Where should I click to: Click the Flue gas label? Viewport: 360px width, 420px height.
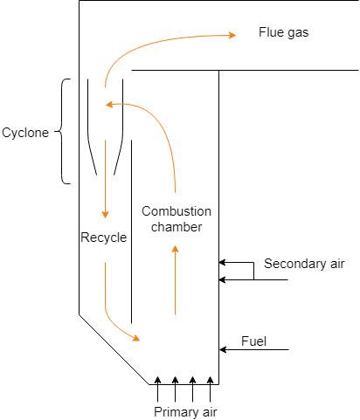coord(283,32)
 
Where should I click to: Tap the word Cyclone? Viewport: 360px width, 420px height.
coord(25,133)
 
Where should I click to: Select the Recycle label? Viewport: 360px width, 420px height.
coord(104,238)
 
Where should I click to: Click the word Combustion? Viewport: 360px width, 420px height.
coord(177,211)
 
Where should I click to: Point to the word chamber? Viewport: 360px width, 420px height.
coord(177,227)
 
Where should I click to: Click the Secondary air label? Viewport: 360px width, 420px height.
coord(304,264)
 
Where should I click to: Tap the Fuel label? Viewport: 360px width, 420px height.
coord(253,341)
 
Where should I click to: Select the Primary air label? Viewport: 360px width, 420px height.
coord(185,412)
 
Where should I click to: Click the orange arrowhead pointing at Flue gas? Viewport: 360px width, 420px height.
coord(232,35)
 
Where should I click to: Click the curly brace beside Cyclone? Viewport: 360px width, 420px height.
coord(62,131)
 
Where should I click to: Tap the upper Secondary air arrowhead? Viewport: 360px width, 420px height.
coord(222,262)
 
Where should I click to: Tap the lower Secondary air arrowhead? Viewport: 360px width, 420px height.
coord(222,279)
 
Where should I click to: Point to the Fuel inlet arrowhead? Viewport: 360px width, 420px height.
coord(223,349)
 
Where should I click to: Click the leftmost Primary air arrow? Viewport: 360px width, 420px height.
coord(157,389)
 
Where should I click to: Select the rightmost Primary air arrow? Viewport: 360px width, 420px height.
coord(210,389)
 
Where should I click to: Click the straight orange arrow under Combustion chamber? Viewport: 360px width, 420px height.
coord(175,279)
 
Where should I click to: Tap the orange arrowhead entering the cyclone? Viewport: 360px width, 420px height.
coord(109,104)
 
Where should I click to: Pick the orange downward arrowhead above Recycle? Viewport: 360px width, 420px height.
coord(105,215)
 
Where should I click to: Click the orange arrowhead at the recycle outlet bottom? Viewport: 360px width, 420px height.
coord(136,338)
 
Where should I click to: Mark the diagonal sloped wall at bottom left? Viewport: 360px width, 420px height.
coord(114,349)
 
